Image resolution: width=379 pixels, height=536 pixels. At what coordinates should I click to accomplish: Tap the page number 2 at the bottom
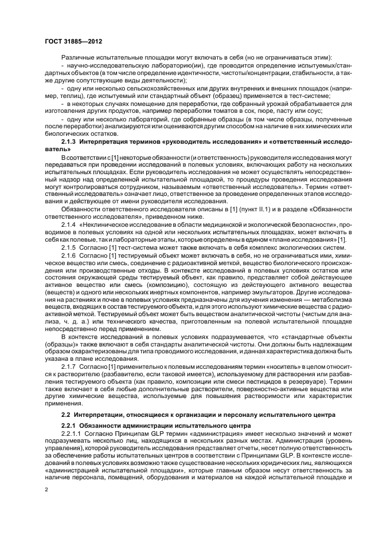[47, 490]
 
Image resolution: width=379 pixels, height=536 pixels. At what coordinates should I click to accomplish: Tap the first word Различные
[78, 58]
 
